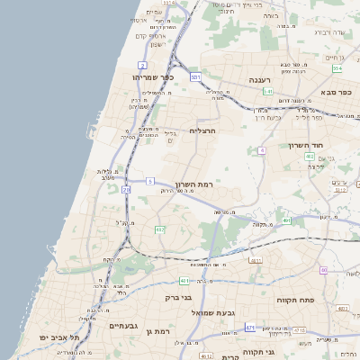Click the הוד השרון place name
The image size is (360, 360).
(x=305, y=144)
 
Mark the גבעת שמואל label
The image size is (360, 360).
(x=213, y=311)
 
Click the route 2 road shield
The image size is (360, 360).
(x=143, y=66)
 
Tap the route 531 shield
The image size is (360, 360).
(x=195, y=77)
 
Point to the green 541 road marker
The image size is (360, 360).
(x=268, y=91)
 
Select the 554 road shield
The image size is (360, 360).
(x=337, y=68)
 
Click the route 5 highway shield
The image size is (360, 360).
(x=150, y=181)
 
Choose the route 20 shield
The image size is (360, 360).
(x=126, y=190)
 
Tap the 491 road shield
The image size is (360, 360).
(x=286, y=220)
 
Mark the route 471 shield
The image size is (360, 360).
(x=250, y=327)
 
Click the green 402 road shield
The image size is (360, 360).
(x=310, y=156)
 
